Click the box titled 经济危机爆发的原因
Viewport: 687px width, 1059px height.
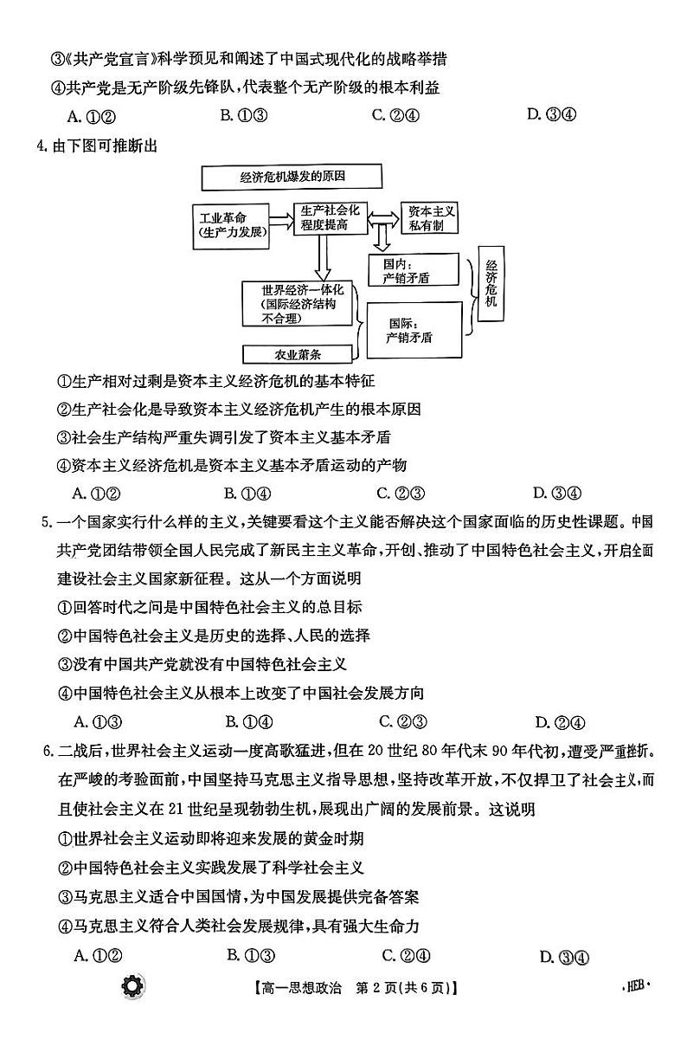[292, 178]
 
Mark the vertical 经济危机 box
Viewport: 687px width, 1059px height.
[491, 290]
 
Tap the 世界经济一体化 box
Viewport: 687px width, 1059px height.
[300, 304]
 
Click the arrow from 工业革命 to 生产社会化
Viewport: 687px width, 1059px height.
[281, 216]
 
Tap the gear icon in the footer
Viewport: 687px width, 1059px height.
[134, 985]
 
